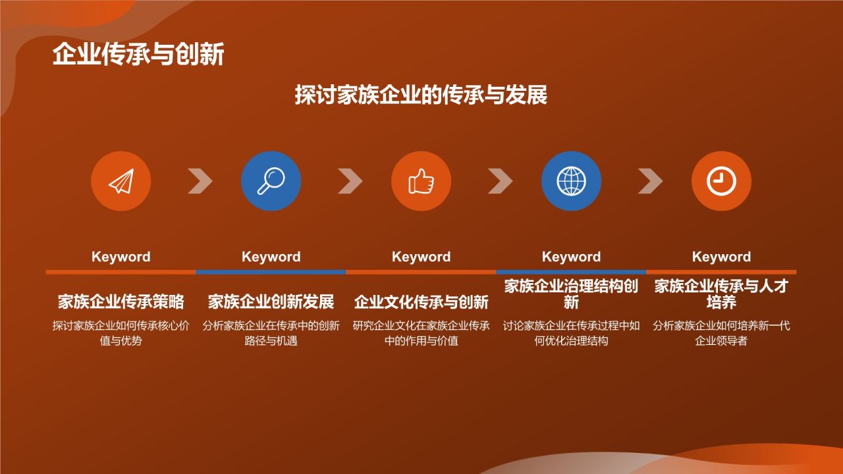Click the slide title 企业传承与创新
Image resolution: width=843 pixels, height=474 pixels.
[138, 54]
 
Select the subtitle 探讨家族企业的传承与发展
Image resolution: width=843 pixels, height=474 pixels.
[421, 94]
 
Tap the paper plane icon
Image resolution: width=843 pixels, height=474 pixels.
[121, 181]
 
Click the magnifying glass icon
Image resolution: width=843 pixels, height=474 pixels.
[271, 181]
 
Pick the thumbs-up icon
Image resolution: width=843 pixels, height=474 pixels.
[421, 181]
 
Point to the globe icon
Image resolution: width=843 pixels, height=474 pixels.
[571, 181]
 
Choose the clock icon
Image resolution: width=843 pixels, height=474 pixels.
[721, 181]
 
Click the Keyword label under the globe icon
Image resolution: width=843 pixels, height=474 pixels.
[571, 257]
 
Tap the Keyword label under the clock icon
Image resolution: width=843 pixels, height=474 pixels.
[721, 257]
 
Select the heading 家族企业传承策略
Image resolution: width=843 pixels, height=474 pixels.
[121, 302]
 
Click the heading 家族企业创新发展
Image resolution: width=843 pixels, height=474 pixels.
[271, 302]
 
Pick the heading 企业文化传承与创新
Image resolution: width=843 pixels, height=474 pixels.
[421, 302]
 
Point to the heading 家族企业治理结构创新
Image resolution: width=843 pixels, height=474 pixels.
[571, 294]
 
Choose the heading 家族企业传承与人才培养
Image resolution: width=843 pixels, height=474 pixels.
[721, 294]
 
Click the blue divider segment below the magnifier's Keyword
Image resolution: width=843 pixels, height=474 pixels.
[271, 272]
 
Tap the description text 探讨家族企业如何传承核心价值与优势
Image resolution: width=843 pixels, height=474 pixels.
[121, 333]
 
